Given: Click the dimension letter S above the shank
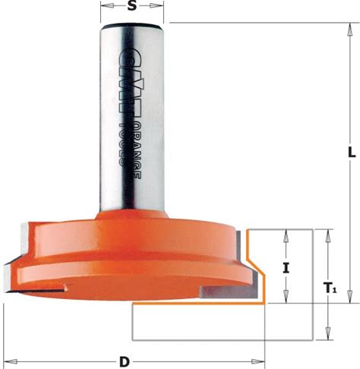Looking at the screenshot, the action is coord(131,5).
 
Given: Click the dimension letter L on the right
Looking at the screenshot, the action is coord(352,153).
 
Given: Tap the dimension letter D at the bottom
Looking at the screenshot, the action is coord(124,362).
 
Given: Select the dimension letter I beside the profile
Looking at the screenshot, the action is coord(286,268).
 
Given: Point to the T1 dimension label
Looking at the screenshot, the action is coord(330,288).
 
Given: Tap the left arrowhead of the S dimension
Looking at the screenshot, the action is coord(107,5).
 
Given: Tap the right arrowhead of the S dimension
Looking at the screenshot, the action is coord(156,5).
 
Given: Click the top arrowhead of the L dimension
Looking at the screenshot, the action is coord(350,30).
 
